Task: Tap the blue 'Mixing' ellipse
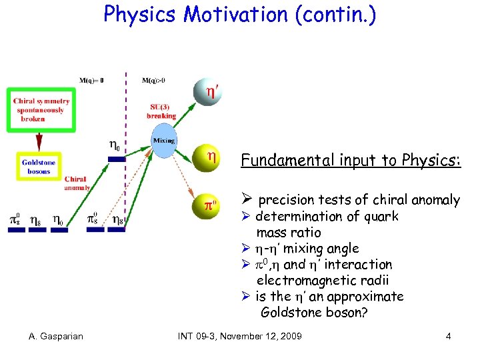point(163,141)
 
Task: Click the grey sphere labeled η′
point(207,92)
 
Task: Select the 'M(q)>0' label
point(153,81)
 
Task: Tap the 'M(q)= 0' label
point(92,81)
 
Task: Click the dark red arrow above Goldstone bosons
point(39,141)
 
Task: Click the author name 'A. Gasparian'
point(56,336)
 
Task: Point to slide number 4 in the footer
point(449,336)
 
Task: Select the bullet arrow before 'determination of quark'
point(245,217)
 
